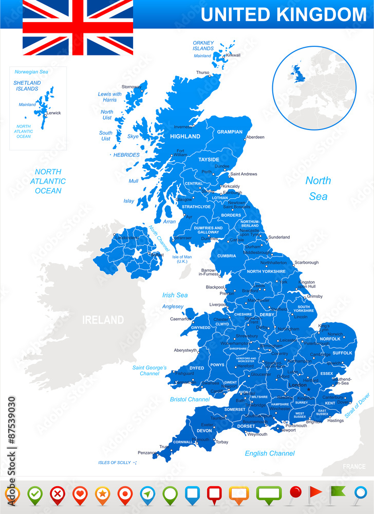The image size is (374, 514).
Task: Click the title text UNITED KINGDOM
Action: coord(283,14)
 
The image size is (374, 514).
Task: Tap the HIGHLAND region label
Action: coord(185,136)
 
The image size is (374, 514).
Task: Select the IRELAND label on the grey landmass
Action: coord(103,320)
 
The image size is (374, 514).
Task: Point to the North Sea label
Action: coord(318,188)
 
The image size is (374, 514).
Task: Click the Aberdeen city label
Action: coord(255,137)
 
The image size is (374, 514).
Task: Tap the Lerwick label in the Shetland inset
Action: coord(53,113)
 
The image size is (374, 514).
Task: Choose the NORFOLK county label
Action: coord(330,339)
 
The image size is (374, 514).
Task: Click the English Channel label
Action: coord(270,453)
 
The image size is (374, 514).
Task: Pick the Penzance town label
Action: coord(147,453)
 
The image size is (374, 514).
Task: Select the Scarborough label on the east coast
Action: coord(306,262)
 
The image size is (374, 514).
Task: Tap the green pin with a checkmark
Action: coord(34,494)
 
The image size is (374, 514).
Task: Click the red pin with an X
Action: coord(57,494)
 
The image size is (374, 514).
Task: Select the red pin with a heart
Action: coord(80,494)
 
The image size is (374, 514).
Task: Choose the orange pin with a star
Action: coord(102,494)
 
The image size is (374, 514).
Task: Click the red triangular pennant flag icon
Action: coord(315,494)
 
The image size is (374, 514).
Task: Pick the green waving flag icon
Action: coord(338,493)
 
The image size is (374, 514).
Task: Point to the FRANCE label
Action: coord(354,467)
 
